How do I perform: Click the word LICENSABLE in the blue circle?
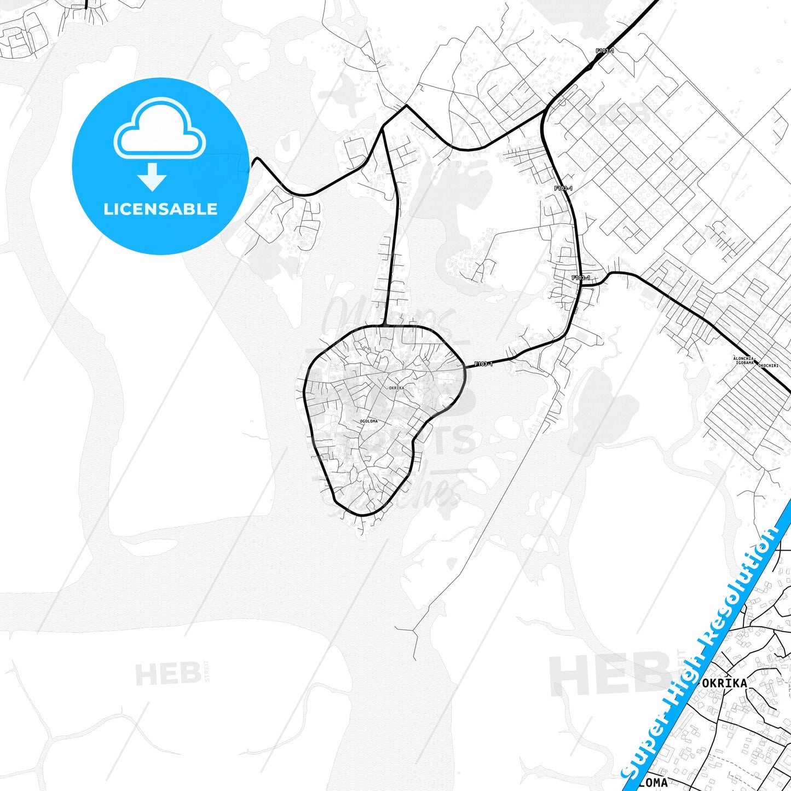pyautogui.click(x=160, y=209)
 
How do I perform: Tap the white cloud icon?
pyautogui.click(x=160, y=131)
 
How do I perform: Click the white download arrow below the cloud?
pyautogui.click(x=152, y=177)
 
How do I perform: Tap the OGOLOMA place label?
pyautogui.click(x=368, y=421)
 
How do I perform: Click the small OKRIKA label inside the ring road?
pyautogui.click(x=396, y=388)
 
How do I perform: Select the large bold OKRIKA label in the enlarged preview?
pyautogui.click(x=724, y=683)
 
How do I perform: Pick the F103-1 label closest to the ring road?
pyautogui.click(x=483, y=363)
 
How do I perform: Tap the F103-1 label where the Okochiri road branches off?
pyautogui.click(x=581, y=278)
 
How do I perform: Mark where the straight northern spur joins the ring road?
pyautogui.click(x=385, y=326)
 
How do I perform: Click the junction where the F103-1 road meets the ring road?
pyautogui.click(x=465, y=366)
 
